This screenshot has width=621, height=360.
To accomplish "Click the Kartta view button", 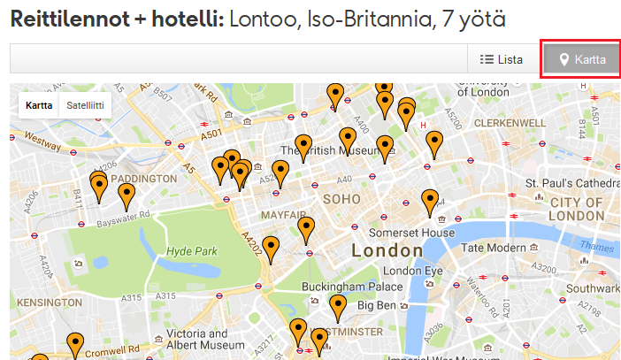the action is click(x=580, y=60).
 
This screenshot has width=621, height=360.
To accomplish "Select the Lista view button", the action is click(x=501, y=60).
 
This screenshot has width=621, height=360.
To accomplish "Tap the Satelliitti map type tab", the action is click(x=86, y=105).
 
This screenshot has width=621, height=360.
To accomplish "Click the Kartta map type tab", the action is click(x=39, y=105).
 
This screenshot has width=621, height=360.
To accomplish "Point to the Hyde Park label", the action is click(x=191, y=251).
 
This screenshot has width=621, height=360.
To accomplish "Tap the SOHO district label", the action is click(x=342, y=199).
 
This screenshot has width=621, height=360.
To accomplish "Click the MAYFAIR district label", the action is click(x=283, y=215).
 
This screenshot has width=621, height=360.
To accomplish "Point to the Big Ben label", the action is click(x=376, y=305).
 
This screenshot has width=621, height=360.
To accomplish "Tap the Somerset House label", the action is click(x=401, y=232).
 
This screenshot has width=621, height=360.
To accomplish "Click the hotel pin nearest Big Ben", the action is click(x=338, y=307).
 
